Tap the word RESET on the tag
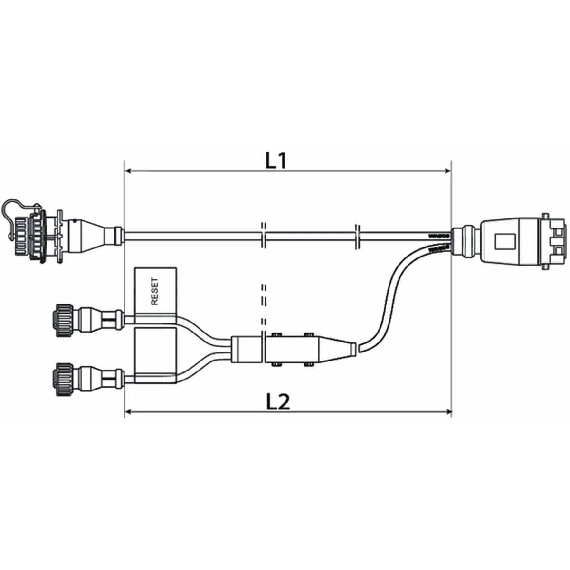tap(155, 291)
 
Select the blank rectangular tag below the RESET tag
tap(156, 354)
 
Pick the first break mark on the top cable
tap(263, 235)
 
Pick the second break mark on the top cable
tap(359, 235)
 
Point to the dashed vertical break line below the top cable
tap(263, 304)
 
